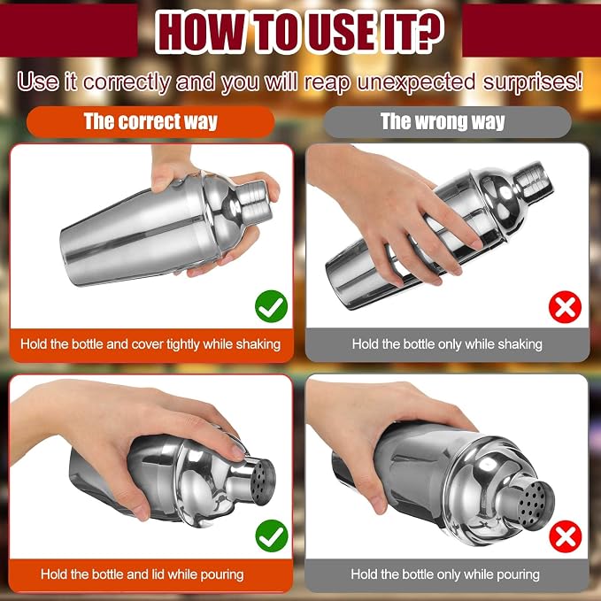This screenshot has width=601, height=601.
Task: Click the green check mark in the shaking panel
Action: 271,306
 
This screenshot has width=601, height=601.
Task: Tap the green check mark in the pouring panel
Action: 272,536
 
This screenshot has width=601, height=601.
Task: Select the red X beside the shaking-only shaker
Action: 565,307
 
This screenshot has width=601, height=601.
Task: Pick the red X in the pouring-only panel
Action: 566,536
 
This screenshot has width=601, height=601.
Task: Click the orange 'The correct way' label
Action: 150,122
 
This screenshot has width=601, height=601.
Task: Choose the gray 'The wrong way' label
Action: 447,122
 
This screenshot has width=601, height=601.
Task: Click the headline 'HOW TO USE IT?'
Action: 299,32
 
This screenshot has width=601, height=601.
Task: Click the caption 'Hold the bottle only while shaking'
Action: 447,344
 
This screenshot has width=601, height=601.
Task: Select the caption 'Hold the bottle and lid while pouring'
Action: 143,574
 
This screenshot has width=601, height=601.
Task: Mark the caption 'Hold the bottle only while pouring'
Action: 445,574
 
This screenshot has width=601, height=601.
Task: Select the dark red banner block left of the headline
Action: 69,30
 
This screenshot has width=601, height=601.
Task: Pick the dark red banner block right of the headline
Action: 532,30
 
